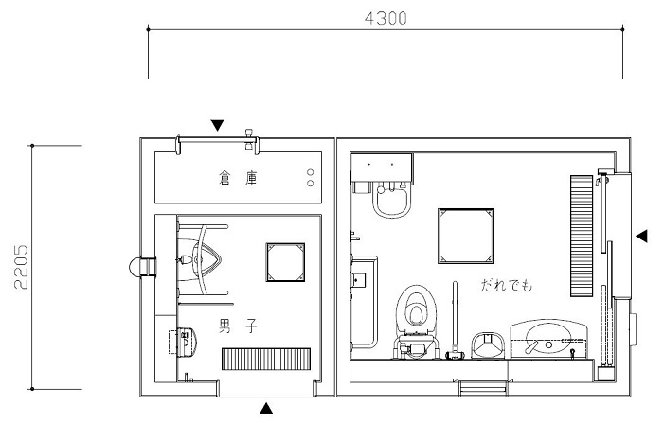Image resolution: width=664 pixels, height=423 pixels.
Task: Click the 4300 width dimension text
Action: pyautogui.click(x=386, y=19)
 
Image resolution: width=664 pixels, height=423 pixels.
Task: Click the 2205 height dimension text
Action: pyautogui.click(x=21, y=267)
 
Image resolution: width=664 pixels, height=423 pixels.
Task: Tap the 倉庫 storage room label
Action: pyautogui.click(x=238, y=178)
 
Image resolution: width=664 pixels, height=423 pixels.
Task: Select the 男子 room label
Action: pyautogui.click(x=238, y=326)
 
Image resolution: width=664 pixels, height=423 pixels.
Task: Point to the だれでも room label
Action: pyautogui.click(x=507, y=285)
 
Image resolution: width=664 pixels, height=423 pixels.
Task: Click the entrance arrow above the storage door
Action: pyautogui.click(x=217, y=125)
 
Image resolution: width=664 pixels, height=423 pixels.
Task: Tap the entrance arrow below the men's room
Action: pyautogui.click(x=266, y=408)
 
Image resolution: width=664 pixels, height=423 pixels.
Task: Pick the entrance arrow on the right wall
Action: pyautogui.click(x=642, y=236)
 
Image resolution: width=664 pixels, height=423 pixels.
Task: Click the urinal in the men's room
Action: pyautogui.click(x=199, y=259)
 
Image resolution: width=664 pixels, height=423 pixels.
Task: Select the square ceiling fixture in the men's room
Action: pyautogui.click(x=285, y=262)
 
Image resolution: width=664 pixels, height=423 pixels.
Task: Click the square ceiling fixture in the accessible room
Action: pyautogui.click(x=466, y=236)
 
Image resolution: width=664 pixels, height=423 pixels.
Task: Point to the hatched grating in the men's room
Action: pyautogui.click(x=266, y=360)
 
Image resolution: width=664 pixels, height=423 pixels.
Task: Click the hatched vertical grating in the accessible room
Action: pyautogui.click(x=582, y=236)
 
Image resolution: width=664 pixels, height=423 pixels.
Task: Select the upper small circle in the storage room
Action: pyautogui.click(x=311, y=172)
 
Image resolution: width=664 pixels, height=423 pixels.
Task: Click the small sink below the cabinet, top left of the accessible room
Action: pyautogui.click(x=392, y=200)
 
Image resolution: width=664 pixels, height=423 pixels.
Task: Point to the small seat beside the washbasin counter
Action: pyautogui.click(x=488, y=344)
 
